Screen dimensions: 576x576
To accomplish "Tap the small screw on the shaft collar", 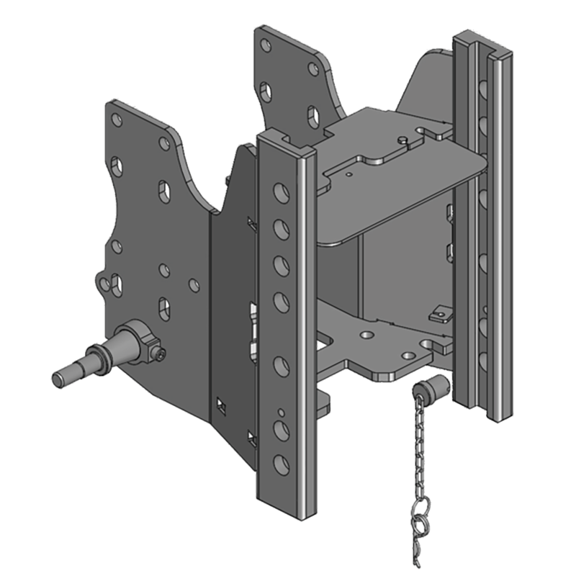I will (160, 353).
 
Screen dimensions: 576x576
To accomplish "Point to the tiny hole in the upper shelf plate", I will (348, 174).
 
